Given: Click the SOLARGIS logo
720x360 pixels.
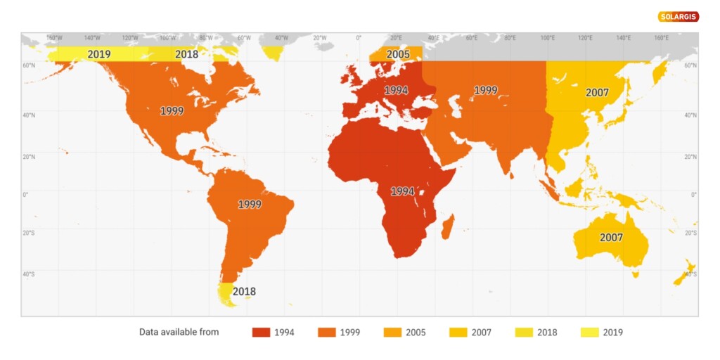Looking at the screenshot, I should pyautogui.click(x=679, y=16).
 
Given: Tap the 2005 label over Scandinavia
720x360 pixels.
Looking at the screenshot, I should pyautogui.click(x=398, y=54).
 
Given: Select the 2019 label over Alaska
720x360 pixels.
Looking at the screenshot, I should pyautogui.click(x=99, y=54).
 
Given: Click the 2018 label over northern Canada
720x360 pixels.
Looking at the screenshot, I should pyautogui.click(x=186, y=54).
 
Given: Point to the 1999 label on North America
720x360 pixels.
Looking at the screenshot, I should pyautogui.click(x=172, y=111).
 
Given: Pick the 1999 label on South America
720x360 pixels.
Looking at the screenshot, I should pyautogui.click(x=250, y=205).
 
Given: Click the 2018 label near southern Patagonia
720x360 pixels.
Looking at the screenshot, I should pyautogui.click(x=244, y=291).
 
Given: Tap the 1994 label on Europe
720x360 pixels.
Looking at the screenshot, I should pyautogui.click(x=396, y=91).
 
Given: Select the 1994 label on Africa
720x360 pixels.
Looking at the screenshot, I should pyautogui.click(x=402, y=191).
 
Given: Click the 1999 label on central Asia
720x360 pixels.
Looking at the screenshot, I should pyautogui.click(x=485, y=91).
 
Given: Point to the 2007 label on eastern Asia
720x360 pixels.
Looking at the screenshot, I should pyautogui.click(x=597, y=92).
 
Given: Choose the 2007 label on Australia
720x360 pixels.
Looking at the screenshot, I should pyautogui.click(x=611, y=238).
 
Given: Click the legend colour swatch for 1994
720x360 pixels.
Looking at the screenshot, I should pyautogui.click(x=261, y=332).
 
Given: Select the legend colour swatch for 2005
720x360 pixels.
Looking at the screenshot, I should pyautogui.click(x=392, y=332).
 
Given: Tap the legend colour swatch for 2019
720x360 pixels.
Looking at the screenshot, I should pyautogui.click(x=590, y=332).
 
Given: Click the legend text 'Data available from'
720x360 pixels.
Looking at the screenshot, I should pyautogui.click(x=179, y=332).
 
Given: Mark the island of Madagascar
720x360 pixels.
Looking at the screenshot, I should pyautogui.click(x=447, y=226).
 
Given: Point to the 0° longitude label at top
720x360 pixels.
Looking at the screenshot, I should pyautogui.click(x=359, y=38).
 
